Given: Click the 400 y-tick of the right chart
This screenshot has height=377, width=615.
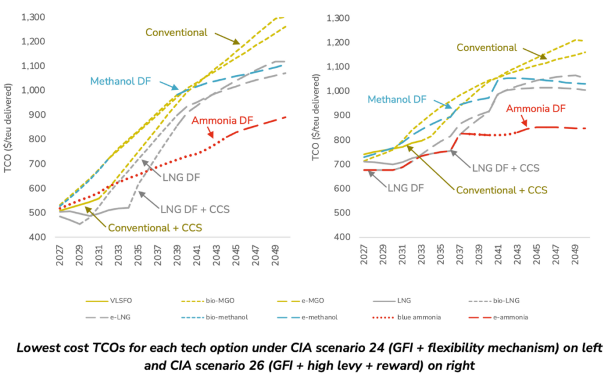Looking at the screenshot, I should point(340,238).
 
